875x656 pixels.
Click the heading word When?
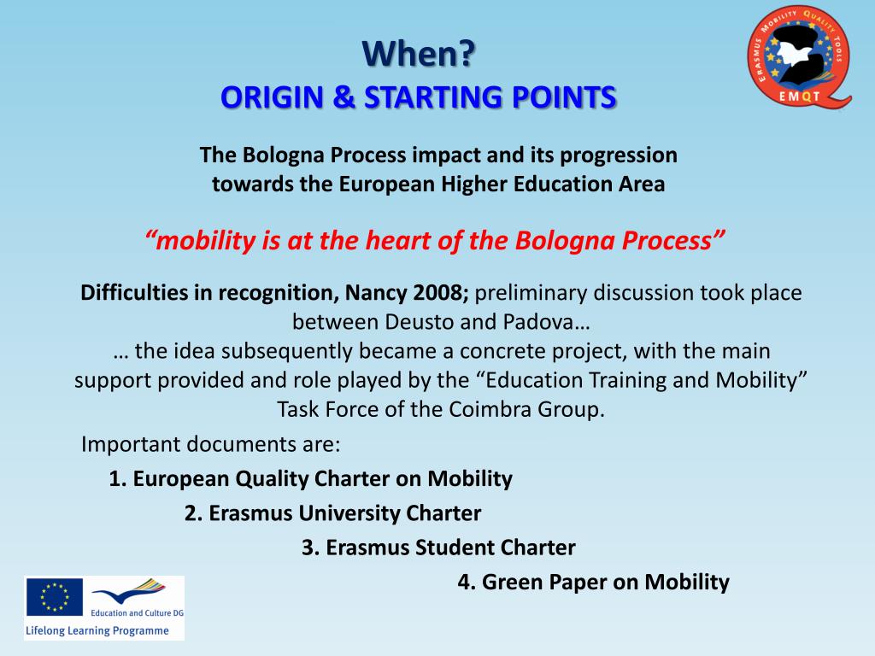pos(419,54)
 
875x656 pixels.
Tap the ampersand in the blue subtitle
pos(344,97)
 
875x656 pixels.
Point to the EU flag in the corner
pos(54,597)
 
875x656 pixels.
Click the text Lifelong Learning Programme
pos(97,631)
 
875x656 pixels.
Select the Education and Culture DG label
pos(138,613)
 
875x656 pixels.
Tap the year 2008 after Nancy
pos(442,293)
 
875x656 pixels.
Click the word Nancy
pos(376,294)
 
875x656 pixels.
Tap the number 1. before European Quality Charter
pos(118,478)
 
